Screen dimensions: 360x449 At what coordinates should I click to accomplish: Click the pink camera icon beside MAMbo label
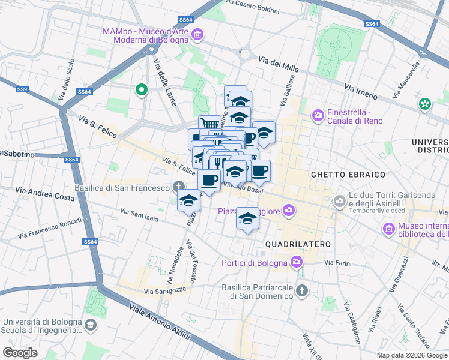(196, 36)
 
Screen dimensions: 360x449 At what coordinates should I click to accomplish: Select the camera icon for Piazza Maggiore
(289, 210)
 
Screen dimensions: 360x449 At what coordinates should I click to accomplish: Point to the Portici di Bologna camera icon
(296, 262)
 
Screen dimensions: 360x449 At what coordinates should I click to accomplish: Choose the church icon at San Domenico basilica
(301, 292)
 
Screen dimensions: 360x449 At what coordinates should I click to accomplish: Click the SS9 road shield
(22, 89)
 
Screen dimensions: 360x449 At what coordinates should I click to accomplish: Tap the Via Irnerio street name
(361, 92)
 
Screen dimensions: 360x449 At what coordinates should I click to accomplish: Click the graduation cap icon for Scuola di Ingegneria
(90, 325)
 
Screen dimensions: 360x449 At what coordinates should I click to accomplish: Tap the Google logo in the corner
(20, 353)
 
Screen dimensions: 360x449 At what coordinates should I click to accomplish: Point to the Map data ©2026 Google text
(411, 355)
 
